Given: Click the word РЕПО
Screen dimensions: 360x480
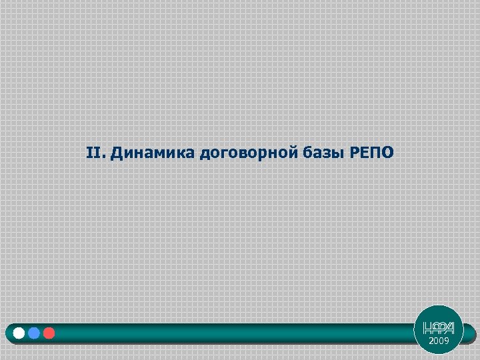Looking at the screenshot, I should coord(372,153).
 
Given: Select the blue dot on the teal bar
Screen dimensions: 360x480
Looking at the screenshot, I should coord(34,333).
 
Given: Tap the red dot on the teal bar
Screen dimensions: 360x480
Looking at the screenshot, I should coord(48,333).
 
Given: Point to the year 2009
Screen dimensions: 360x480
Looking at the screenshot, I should coord(439,341).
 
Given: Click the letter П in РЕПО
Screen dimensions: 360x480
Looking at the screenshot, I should coord(375,153).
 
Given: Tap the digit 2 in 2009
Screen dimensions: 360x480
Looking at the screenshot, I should coord(431,341).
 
